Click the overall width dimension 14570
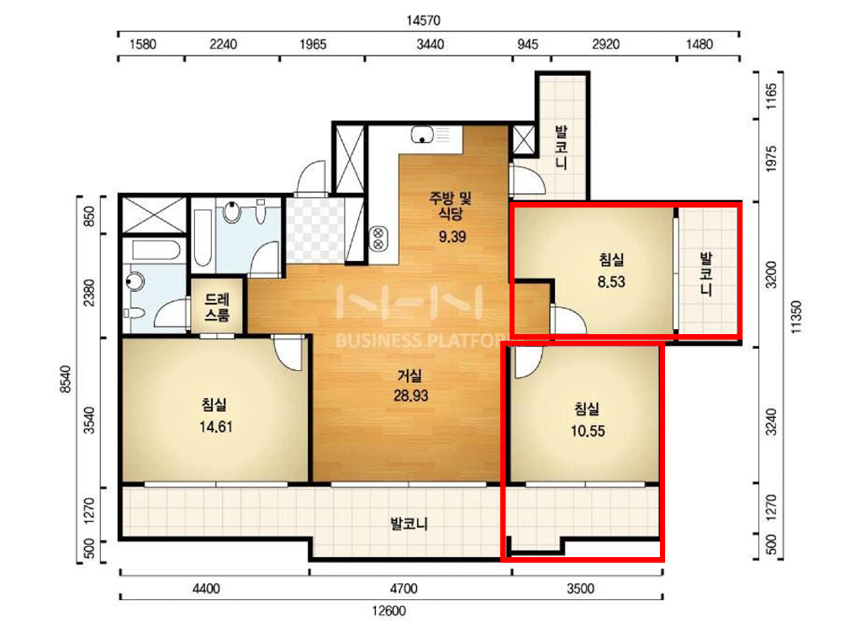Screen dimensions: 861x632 (x=423, y=20)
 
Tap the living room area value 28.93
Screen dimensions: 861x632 (x=410, y=396)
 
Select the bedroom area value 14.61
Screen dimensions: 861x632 (x=216, y=427)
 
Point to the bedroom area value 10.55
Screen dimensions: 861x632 (x=588, y=431)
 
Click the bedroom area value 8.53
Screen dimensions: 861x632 (x=611, y=282)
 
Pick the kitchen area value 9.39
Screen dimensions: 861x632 (x=452, y=236)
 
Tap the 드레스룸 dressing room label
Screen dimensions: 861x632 (x=217, y=307)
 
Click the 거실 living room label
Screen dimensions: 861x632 (x=409, y=376)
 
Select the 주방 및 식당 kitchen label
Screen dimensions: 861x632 (x=451, y=205)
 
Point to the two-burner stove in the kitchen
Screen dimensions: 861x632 (x=378, y=238)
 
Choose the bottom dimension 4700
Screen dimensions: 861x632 (x=404, y=588)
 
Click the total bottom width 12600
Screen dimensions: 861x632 (x=388, y=611)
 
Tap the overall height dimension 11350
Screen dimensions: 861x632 (x=795, y=317)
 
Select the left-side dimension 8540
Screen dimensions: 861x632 (x=66, y=380)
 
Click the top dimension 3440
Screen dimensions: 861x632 (x=430, y=45)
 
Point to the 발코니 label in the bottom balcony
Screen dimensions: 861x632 (x=409, y=523)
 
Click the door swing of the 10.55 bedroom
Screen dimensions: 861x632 (x=526, y=362)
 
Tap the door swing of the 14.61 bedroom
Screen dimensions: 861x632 (x=288, y=353)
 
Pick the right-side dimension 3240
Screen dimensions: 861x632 (x=772, y=422)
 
